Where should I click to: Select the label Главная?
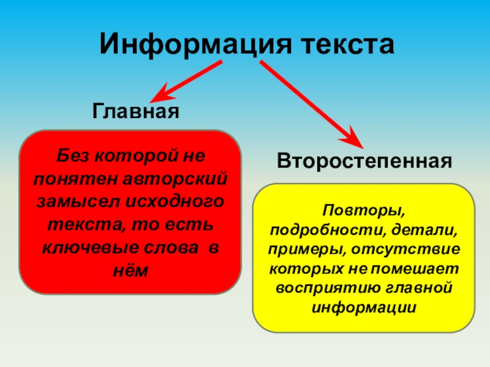[x=135, y=111]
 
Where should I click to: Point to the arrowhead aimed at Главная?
[x=160, y=95]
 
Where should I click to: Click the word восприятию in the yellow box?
[x=317, y=287]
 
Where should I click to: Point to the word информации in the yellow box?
[x=364, y=306]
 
